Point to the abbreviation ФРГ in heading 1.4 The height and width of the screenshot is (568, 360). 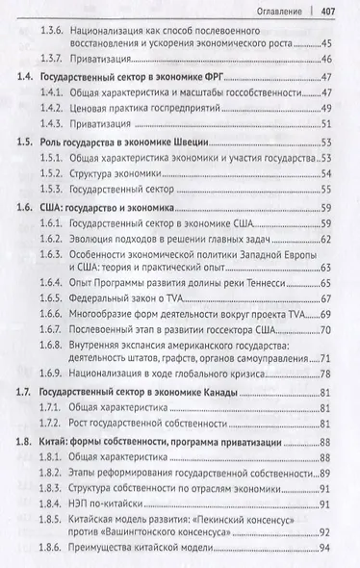tap(236, 76)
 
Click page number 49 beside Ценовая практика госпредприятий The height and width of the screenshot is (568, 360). tap(327, 108)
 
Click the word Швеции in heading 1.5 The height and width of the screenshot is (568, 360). tap(194, 141)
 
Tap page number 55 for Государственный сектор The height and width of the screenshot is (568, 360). tap(327, 189)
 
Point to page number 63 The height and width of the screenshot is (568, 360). tap(327, 267)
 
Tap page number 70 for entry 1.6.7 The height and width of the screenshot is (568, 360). tap(327, 331)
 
